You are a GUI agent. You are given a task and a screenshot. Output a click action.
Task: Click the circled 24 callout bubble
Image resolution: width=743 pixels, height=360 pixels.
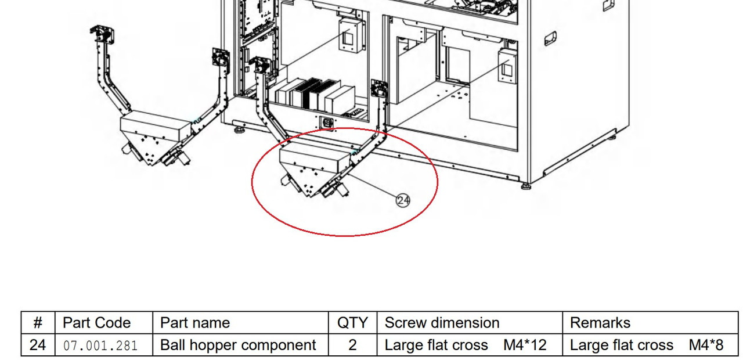(403, 200)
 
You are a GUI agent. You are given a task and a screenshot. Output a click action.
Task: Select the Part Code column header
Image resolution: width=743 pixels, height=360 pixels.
(96, 323)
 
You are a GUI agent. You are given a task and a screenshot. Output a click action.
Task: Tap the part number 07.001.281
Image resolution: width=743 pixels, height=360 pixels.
(100, 345)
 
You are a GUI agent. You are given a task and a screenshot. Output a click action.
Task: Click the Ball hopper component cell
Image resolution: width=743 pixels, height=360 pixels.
(238, 345)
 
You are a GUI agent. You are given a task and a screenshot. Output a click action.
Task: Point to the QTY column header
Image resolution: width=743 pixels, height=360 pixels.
(352, 323)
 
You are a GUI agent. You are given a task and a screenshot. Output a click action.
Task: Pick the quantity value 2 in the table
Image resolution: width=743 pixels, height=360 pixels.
(352, 345)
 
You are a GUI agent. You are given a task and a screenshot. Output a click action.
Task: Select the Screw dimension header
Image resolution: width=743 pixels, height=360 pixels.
(442, 323)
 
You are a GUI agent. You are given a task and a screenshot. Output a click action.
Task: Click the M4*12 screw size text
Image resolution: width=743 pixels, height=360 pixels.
(525, 345)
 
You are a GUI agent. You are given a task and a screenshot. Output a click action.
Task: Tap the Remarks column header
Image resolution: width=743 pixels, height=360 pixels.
(600, 323)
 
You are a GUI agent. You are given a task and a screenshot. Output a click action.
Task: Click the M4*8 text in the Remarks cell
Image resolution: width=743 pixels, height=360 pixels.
(706, 345)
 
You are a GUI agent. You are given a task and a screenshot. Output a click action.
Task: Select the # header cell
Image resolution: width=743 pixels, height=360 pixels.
(38, 323)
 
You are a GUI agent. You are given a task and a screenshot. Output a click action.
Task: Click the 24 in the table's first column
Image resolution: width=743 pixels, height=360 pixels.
(38, 345)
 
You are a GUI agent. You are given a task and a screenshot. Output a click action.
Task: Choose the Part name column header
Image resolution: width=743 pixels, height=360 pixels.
(195, 323)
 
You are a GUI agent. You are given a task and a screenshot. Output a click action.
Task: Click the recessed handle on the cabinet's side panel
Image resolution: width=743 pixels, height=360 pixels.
(550, 38)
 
